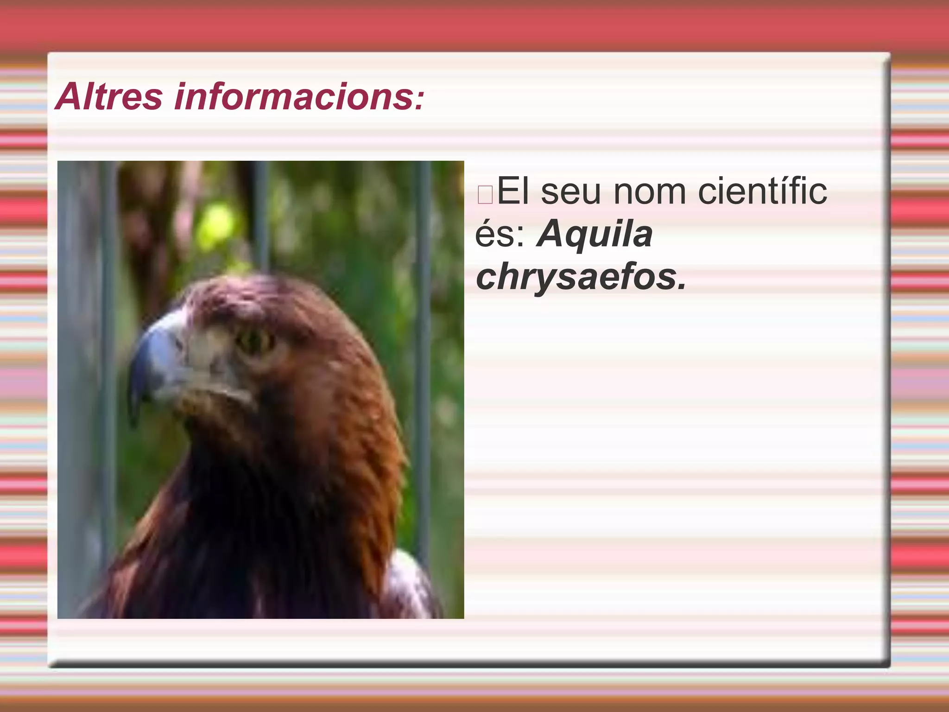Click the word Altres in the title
(x=109, y=96)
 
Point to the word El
(x=513, y=191)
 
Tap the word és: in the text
(x=500, y=234)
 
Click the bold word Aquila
(x=595, y=234)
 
